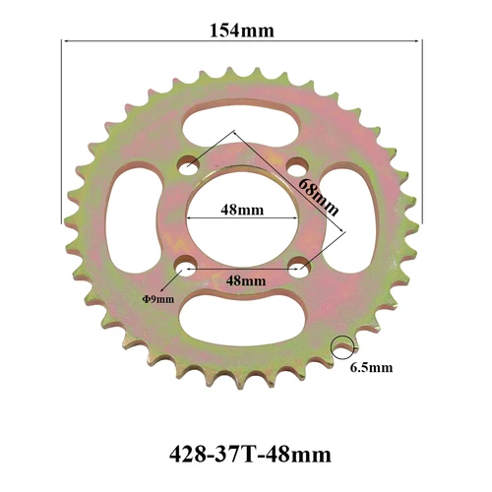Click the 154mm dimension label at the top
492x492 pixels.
click(241, 29)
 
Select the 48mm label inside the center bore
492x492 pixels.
click(241, 210)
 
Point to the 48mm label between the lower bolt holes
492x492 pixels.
click(245, 279)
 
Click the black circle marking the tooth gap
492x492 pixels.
click(341, 346)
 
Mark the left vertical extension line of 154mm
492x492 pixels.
click(63, 128)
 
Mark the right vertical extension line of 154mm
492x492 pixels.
click(421, 128)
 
